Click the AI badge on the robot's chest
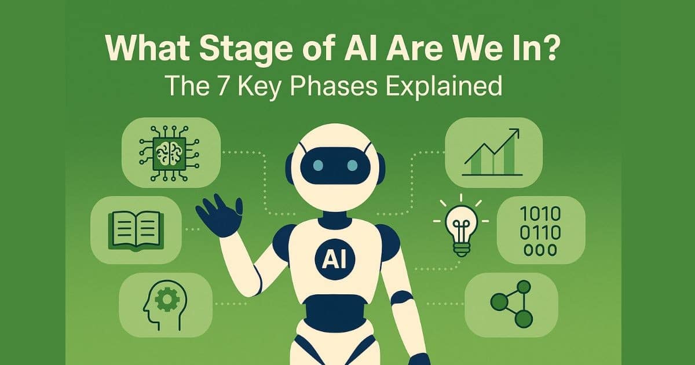coord(331,258)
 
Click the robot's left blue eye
coord(317,165)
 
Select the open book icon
coord(136,229)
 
